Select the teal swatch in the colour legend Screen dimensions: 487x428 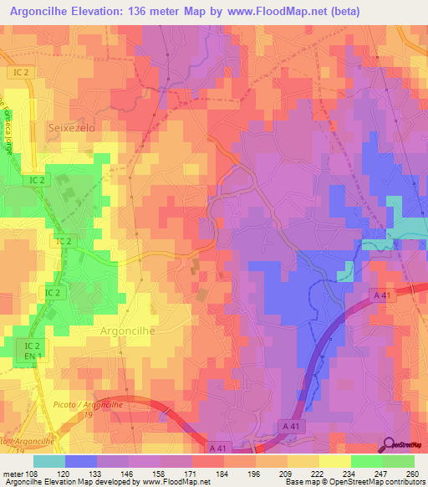49,461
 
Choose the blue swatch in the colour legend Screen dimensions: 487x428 81,461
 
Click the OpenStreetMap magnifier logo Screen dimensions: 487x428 389,446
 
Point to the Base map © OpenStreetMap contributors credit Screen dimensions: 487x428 354,482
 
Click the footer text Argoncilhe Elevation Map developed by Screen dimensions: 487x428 67,482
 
